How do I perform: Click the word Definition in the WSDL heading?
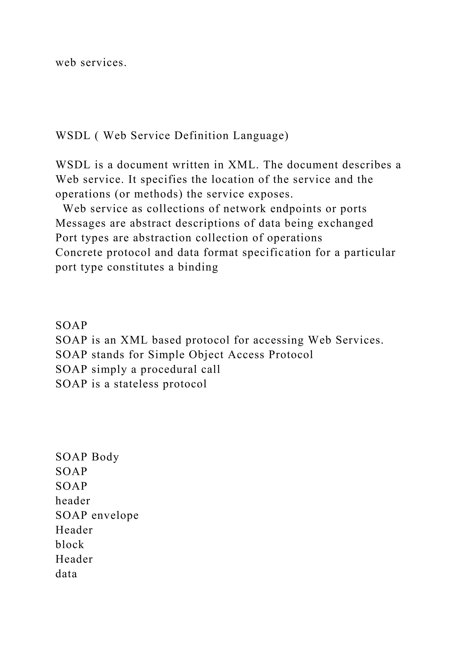point(201,136)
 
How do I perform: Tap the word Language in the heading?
point(261,136)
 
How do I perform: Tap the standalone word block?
point(70,545)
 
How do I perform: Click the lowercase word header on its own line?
point(73,501)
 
